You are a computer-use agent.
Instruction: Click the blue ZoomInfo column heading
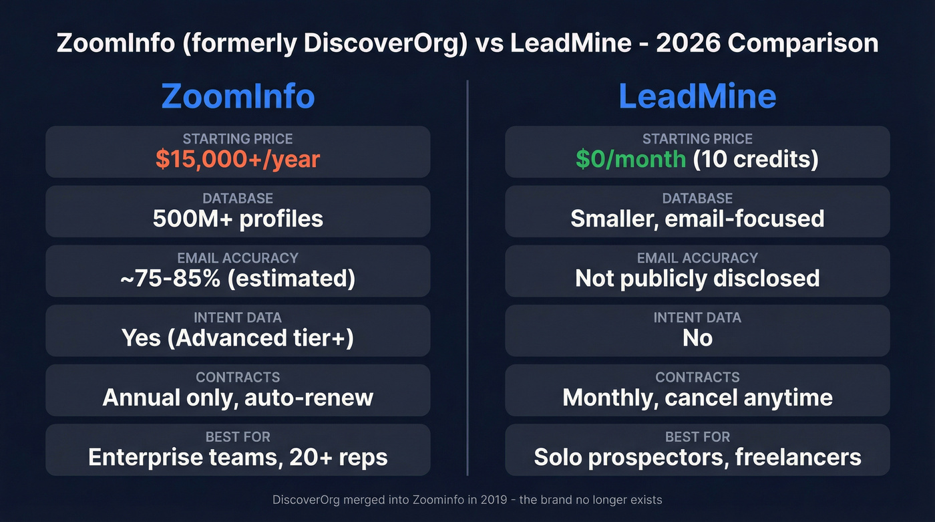click(238, 97)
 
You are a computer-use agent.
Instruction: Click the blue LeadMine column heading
click(697, 97)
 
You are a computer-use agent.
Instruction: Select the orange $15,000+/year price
click(238, 159)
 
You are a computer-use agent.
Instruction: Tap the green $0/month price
click(630, 159)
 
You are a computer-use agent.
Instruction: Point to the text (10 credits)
click(756, 159)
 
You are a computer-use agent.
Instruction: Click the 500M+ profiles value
click(238, 219)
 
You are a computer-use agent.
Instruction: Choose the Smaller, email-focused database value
click(697, 219)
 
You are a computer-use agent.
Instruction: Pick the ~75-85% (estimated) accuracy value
click(238, 278)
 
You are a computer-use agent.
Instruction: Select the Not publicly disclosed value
click(697, 278)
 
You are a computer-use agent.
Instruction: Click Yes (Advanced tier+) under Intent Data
click(238, 338)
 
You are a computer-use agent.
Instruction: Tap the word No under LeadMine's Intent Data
click(697, 338)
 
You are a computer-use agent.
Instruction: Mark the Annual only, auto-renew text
click(238, 398)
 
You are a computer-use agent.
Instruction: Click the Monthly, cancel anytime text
click(697, 398)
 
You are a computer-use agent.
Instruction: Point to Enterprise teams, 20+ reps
click(238, 457)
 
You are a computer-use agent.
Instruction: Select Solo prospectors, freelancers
click(697, 457)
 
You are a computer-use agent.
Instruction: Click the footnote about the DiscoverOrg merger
click(467, 499)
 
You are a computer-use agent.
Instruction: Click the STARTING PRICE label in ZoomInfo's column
click(238, 139)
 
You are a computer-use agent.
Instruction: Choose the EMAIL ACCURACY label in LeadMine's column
click(697, 258)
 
